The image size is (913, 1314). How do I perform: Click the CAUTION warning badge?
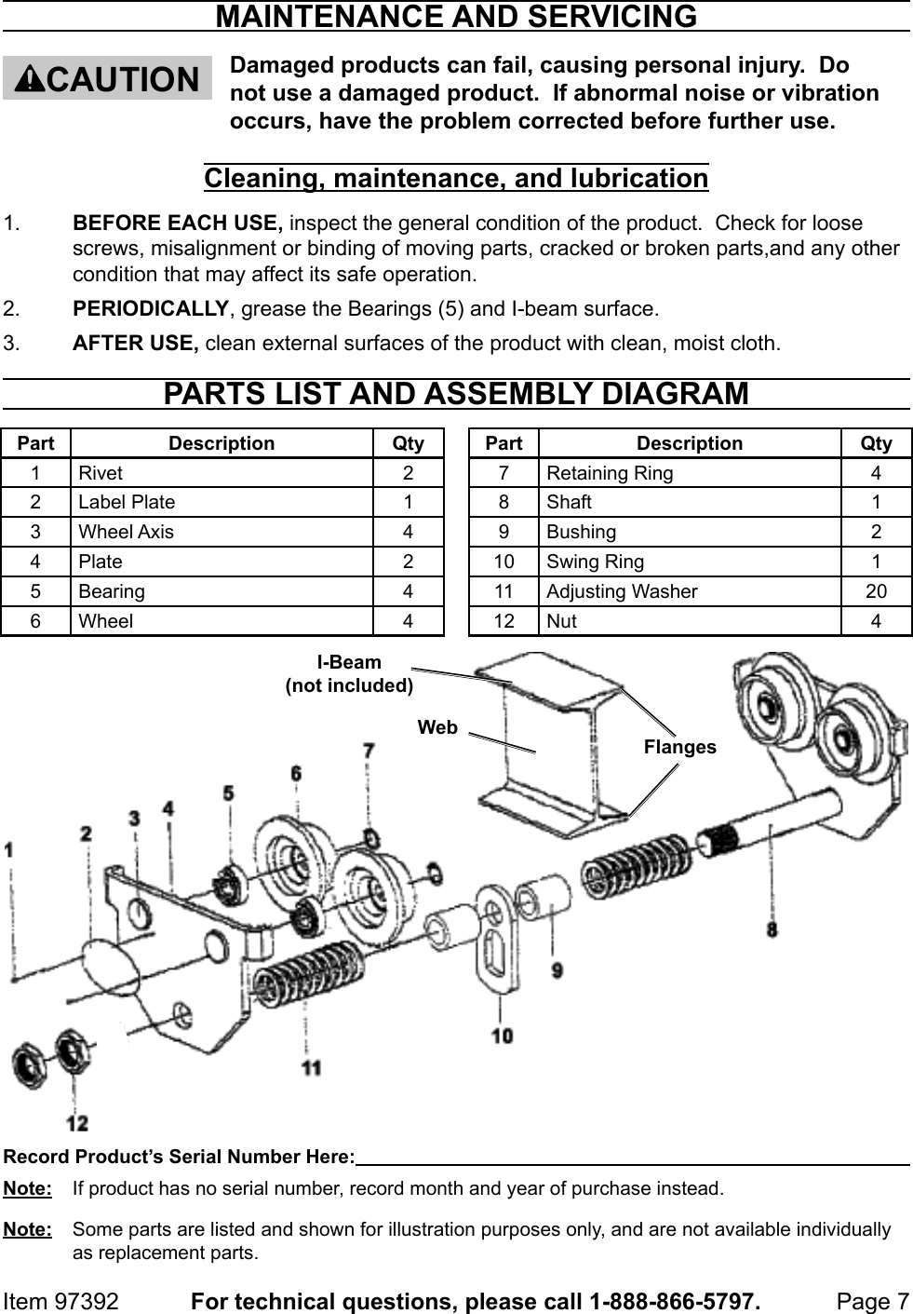coord(107,78)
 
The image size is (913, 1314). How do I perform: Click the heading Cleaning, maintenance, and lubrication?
coord(456,177)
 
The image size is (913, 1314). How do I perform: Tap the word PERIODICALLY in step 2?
coord(150,308)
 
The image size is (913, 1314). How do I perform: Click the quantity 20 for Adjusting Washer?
coord(876,591)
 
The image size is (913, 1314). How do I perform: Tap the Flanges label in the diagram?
coord(679,747)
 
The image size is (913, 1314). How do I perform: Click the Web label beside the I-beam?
coord(437,727)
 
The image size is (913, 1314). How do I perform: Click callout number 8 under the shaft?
coord(772,928)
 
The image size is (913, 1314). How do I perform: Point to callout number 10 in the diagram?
coord(502,1035)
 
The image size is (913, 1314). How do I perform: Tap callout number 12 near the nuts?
coord(77,1123)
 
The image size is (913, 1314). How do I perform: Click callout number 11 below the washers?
coord(311,1067)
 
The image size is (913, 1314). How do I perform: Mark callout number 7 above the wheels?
coord(369,750)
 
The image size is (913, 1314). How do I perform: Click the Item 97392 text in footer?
coord(61,1301)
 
